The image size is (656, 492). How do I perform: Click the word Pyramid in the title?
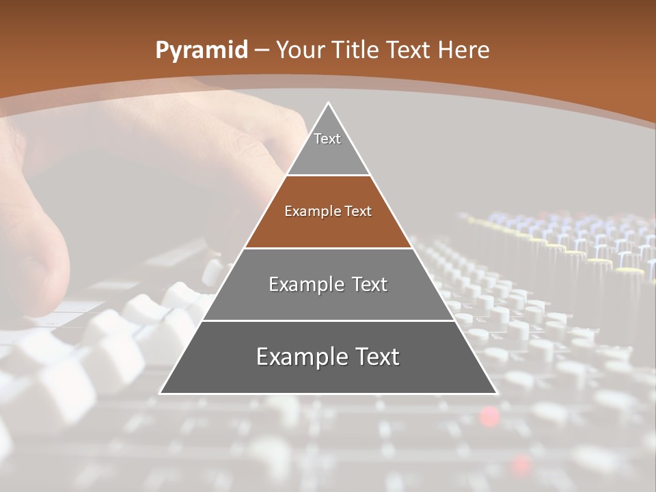click(201, 51)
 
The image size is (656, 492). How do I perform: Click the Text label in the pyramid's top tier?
click(327, 139)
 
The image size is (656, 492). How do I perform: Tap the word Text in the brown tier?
click(358, 212)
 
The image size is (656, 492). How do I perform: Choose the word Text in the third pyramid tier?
click(369, 285)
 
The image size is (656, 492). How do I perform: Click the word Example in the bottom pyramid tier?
click(302, 357)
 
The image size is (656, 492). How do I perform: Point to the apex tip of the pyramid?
click(328, 103)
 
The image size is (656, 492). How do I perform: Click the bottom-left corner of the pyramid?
click(161, 393)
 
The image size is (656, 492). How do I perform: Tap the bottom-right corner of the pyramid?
click(496, 393)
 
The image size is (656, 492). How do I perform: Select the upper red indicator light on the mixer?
click(489, 415)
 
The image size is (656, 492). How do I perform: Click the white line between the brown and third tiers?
click(328, 248)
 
